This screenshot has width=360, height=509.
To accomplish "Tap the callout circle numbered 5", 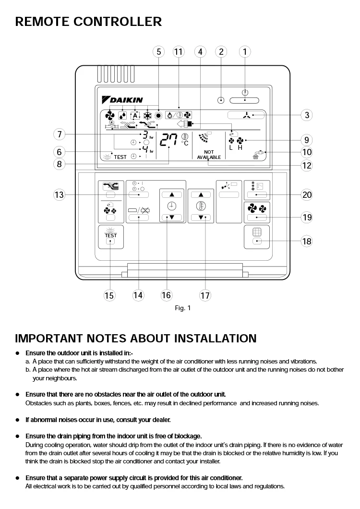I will [x=159, y=52].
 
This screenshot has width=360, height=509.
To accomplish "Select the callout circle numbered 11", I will [x=179, y=52].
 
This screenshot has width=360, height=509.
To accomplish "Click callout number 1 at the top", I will [x=245, y=52].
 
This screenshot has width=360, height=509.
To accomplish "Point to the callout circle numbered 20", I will [x=307, y=194].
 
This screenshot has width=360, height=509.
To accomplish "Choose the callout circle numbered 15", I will [x=109, y=295].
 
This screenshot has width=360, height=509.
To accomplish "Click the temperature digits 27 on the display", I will [x=168, y=140].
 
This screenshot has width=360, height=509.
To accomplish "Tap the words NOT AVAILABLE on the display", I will [x=209, y=155].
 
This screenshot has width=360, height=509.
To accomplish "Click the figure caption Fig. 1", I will [x=182, y=308].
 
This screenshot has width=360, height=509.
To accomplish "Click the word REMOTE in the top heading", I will [x=40, y=22].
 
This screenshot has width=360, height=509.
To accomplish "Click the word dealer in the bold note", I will [x=160, y=420].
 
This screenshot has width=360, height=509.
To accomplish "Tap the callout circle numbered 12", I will [x=307, y=166].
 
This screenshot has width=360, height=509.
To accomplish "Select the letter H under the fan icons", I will [x=240, y=147].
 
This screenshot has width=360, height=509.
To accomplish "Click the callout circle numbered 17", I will [x=205, y=295].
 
